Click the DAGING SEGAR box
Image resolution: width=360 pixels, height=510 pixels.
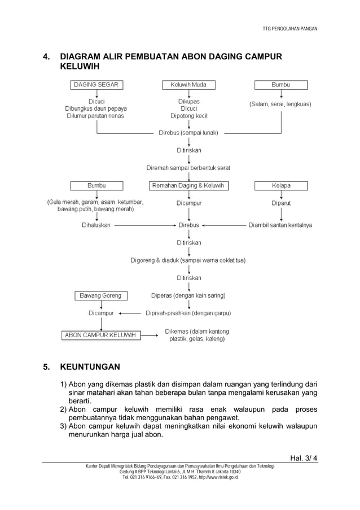[x=97, y=85]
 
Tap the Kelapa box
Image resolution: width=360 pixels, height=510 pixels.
[x=281, y=185]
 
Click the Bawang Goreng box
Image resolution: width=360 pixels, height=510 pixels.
[x=100, y=295]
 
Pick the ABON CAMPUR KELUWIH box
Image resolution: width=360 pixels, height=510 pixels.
[x=100, y=335]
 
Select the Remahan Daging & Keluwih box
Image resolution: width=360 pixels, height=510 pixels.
[x=188, y=185]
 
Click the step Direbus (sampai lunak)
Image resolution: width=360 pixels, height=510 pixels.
[x=188, y=133]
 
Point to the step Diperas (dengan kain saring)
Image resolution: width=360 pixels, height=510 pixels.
[x=188, y=295]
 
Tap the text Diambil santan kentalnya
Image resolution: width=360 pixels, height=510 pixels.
[x=280, y=225]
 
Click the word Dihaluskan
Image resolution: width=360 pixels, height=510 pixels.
[x=96, y=225]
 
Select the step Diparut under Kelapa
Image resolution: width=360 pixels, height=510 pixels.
[x=281, y=203]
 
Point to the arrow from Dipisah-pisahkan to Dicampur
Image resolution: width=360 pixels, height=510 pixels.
[x=130, y=313]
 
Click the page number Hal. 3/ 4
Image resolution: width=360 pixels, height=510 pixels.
[x=304, y=457]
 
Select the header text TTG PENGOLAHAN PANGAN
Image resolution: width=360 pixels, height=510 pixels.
[x=290, y=28]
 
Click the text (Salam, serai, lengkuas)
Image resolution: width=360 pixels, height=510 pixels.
[x=280, y=104]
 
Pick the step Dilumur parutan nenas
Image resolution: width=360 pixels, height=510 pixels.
[x=96, y=116]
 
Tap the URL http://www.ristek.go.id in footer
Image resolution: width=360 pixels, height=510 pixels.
[x=217, y=477]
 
